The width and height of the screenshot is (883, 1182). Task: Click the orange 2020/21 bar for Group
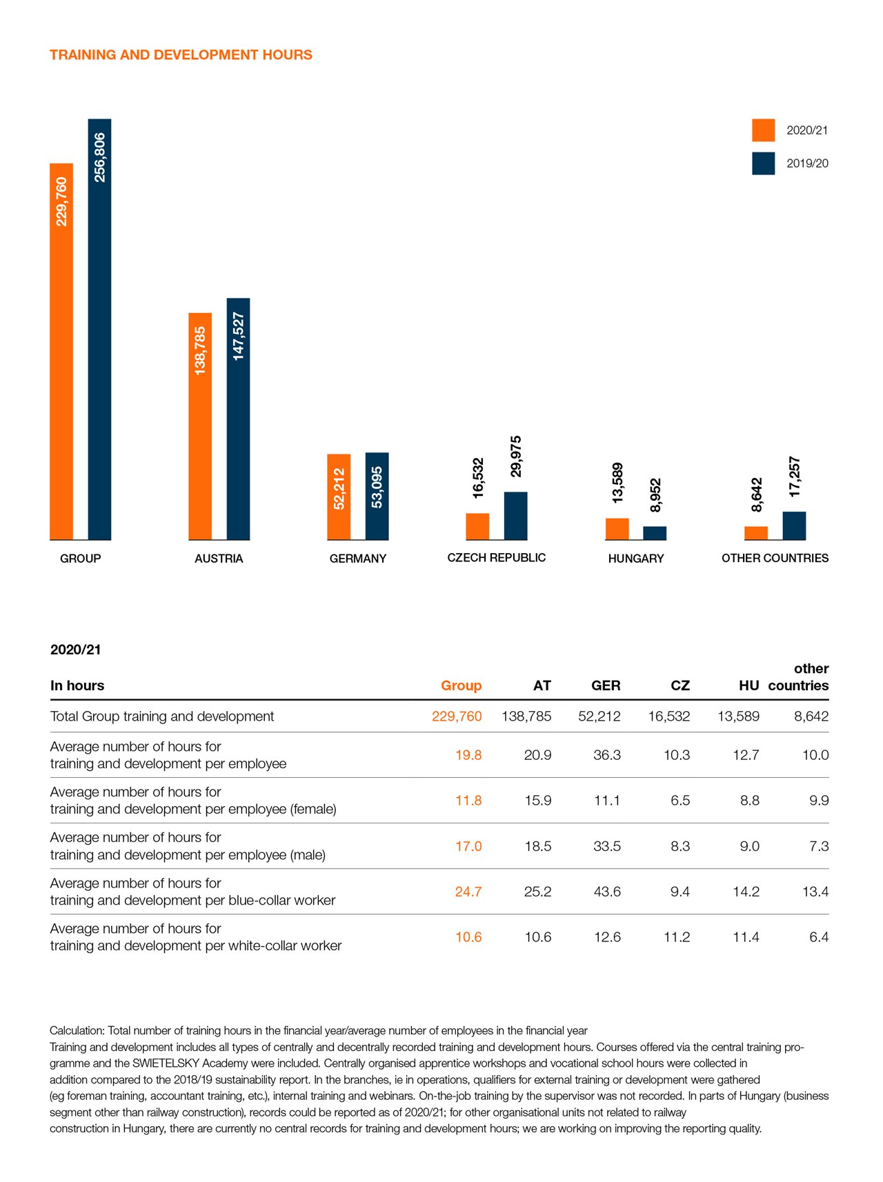pyautogui.click(x=61, y=352)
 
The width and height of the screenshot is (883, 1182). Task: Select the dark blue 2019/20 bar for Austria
pyautogui.click(x=238, y=419)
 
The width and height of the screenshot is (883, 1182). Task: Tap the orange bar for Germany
pyautogui.click(x=339, y=497)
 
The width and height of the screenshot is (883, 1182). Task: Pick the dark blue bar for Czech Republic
pyautogui.click(x=515, y=516)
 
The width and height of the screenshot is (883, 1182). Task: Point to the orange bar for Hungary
pyautogui.click(x=617, y=529)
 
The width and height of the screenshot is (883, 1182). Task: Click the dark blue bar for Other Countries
pyautogui.click(x=794, y=525)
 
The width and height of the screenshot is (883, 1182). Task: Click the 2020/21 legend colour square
pyautogui.click(x=763, y=130)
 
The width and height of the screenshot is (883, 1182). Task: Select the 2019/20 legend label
pyautogui.click(x=807, y=163)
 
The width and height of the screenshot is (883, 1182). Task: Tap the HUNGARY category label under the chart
pyautogui.click(x=635, y=559)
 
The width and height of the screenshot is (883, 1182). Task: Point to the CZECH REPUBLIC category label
pyautogui.click(x=496, y=558)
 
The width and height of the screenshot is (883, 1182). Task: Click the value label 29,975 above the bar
pyautogui.click(x=516, y=457)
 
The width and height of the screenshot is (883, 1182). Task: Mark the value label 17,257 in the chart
pyautogui.click(x=795, y=477)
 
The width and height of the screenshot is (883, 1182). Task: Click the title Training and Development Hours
pyautogui.click(x=181, y=55)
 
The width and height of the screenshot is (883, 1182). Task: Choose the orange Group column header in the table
pyautogui.click(x=461, y=685)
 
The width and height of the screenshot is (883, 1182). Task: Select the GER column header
pyautogui.click(x=606, y=685)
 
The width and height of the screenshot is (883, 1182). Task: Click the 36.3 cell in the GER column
pyautogui.click(x=607, y=755)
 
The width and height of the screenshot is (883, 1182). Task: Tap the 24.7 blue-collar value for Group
pyautogui.click(x=468, y=892)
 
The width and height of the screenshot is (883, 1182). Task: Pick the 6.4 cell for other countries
pyautogui.click(x=819, y=937)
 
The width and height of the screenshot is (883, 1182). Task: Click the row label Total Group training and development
pyautogui.click(x=162, y=717)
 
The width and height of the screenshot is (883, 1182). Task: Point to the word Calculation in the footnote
pyautogui.click(x=76, y=1031)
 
